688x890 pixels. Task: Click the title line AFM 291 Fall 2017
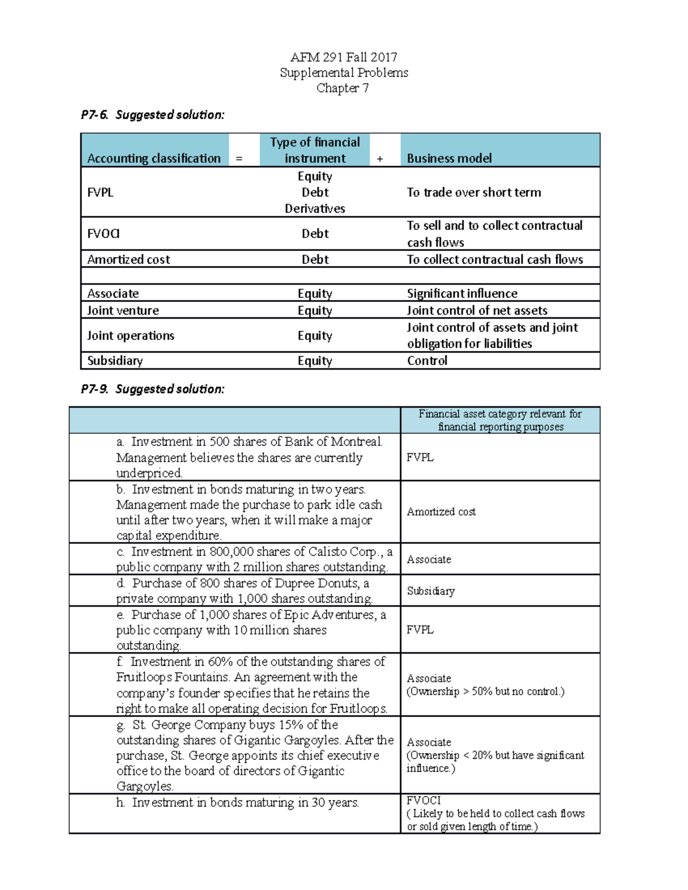pyautogui.click(x=343, y=57)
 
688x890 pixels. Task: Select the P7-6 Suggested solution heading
pyautogui.click(x=153, y=115)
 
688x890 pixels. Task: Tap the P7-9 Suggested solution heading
pyautogui.click(x=153, y=389)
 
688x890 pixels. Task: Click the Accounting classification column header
pyautogui.click(x=154, y=158)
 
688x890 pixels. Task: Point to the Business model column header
pyautogui.click(x=449, y=158)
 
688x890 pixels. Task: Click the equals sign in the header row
pyautogui.click(x=239, y=159)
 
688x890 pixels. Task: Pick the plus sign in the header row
pyautogui.click(x=380, y=159)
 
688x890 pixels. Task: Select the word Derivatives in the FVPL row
pyautogui.click(x=315, y=209)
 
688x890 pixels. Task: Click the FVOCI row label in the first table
pyautogui.click(x=103, y=234)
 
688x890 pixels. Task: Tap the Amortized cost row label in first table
pyautogui.click(x=128, y=260)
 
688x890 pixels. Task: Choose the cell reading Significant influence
pyautogui.click(x=462, y=293)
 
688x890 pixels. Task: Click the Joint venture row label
pyautogui.click(x=123, y=311)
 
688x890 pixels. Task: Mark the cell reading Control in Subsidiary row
pyautogui.click(x=427, y=360)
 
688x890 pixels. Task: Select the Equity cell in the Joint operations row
pyautogui.click(x=315, y=336)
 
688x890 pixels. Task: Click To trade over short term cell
pyautogui.click(x=474, y=193)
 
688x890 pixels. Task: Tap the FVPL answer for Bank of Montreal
pyautogui.click(x=420, y=457)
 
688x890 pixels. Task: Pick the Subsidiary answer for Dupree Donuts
pyautogui.click(x=431, y=591)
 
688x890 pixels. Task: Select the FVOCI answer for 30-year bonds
pyautogui.click(x=424, y=801)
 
